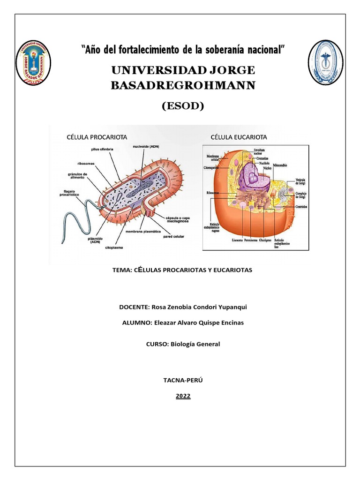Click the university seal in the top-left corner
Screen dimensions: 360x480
pyautogui.click(x=33, y=62)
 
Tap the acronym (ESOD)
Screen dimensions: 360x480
pyautogui.click(x=183, y=106)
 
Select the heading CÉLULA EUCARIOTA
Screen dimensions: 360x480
pyautogui.click(x=239, y=137)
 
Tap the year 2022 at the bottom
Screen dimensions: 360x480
pyautogui.click(x=183, y=396)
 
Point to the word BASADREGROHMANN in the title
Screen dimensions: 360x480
pyautogui.click(x=183, y=85)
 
